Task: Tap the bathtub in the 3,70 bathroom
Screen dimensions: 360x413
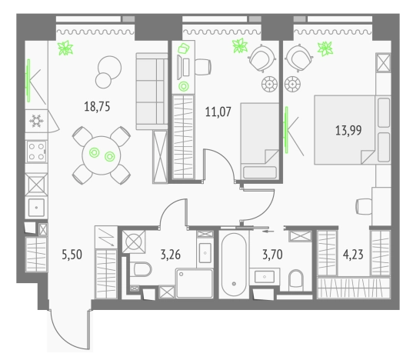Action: (231, 269)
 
